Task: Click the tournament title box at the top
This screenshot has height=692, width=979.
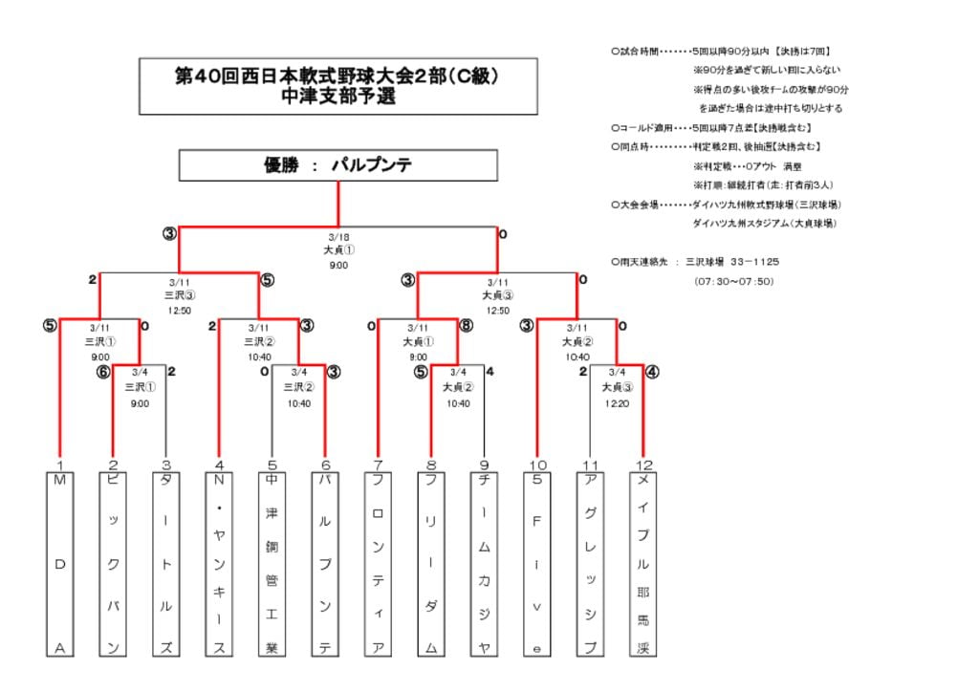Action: [338, 86]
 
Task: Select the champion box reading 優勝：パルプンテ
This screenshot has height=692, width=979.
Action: [338, 165]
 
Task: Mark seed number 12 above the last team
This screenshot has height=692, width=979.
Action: [643, 465]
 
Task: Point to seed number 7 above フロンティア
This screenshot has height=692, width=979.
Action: [379, 465]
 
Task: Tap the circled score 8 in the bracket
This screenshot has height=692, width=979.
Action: [466, 325]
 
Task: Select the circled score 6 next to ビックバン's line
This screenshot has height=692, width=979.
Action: [103, 372]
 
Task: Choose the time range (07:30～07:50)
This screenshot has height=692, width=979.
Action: [733, 281]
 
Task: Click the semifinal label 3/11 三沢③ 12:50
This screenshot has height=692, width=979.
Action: [180, 296]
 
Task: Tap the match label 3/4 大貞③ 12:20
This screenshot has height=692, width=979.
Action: [617, 387]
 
